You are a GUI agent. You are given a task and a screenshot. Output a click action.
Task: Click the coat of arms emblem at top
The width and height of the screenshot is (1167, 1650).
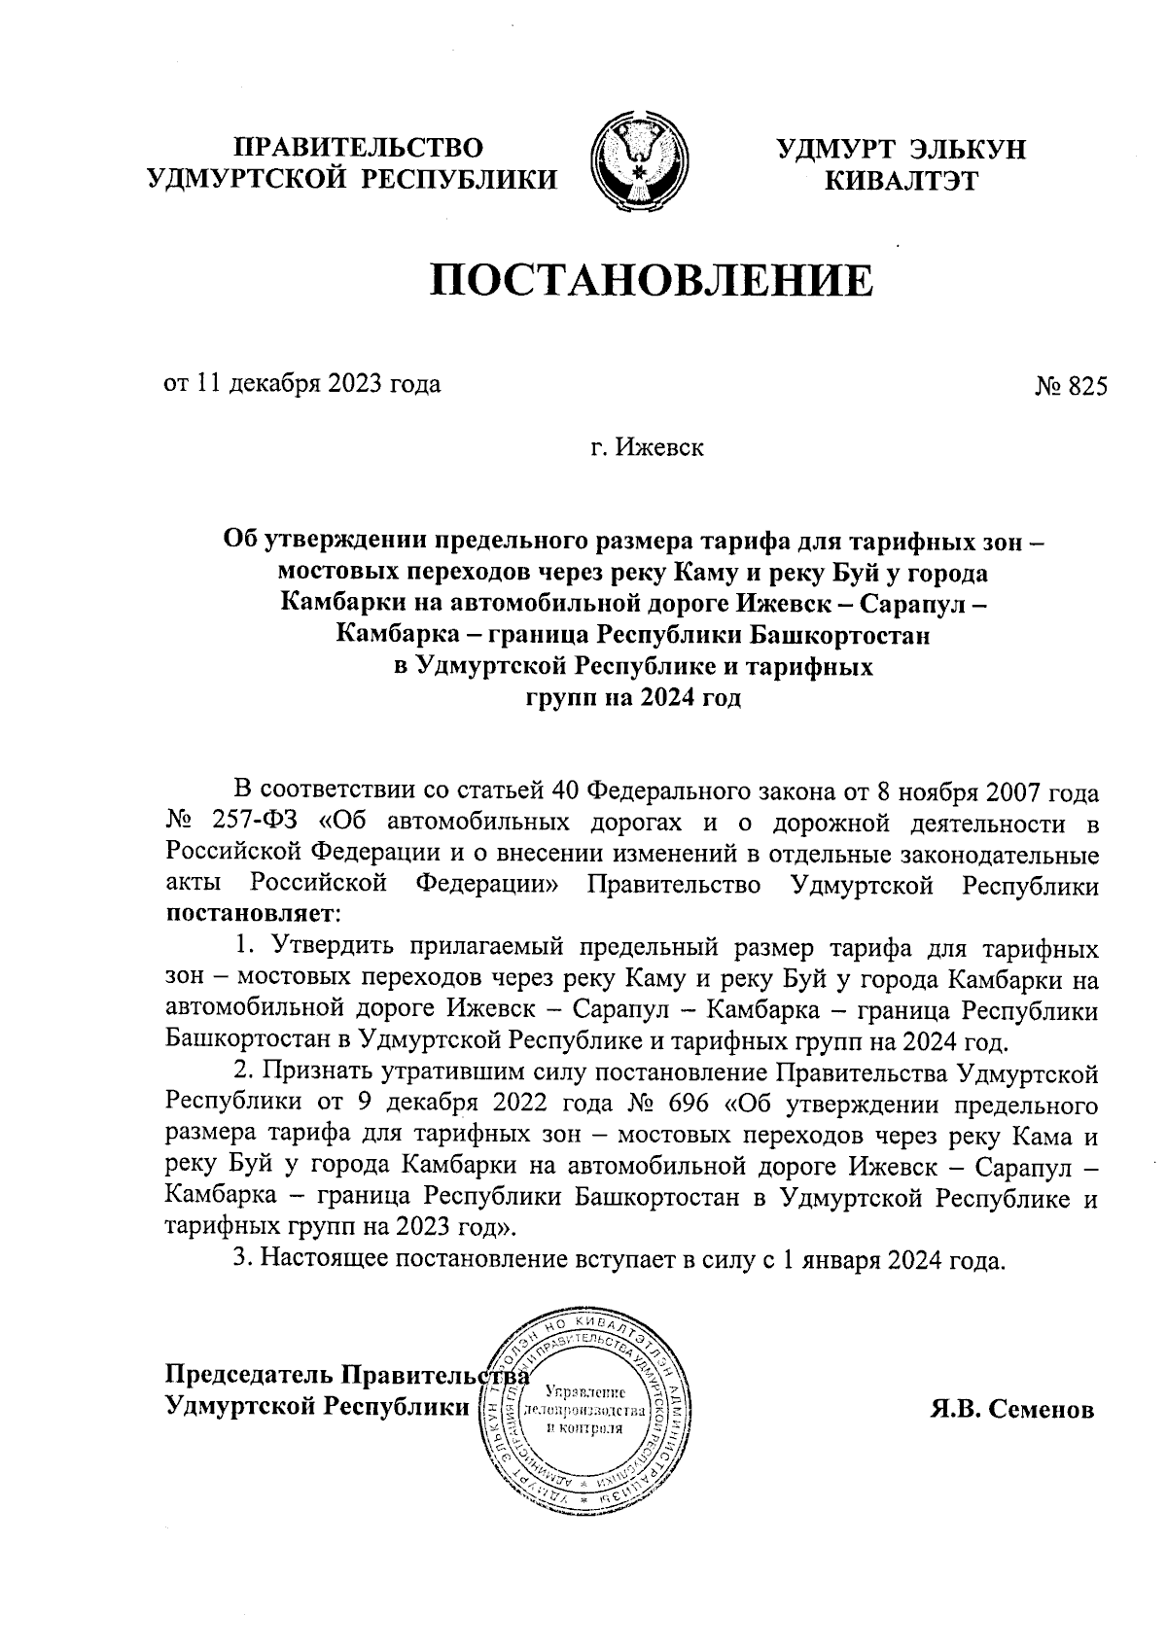click(x=640, y=163)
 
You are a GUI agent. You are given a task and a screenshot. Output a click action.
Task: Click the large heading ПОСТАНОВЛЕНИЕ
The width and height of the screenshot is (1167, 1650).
click(x=653, y=279)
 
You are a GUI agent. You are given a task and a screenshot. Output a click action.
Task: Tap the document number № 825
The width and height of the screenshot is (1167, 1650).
click(x=1071, y=386)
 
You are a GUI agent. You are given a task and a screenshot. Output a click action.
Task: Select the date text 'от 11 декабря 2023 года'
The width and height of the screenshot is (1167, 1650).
click(x=302, y=383)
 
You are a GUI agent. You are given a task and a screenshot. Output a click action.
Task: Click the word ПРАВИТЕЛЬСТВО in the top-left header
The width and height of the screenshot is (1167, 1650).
click(x=361, y=148)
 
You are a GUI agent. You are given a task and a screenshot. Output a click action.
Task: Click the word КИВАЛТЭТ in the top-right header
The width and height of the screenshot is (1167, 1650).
click(x=901, y=180)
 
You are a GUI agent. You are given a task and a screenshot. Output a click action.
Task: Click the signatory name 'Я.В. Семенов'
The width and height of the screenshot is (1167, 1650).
click(x=1012, y=1410)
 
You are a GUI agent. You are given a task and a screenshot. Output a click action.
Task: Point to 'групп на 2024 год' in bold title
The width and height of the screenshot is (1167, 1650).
click(x=633, y=698)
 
